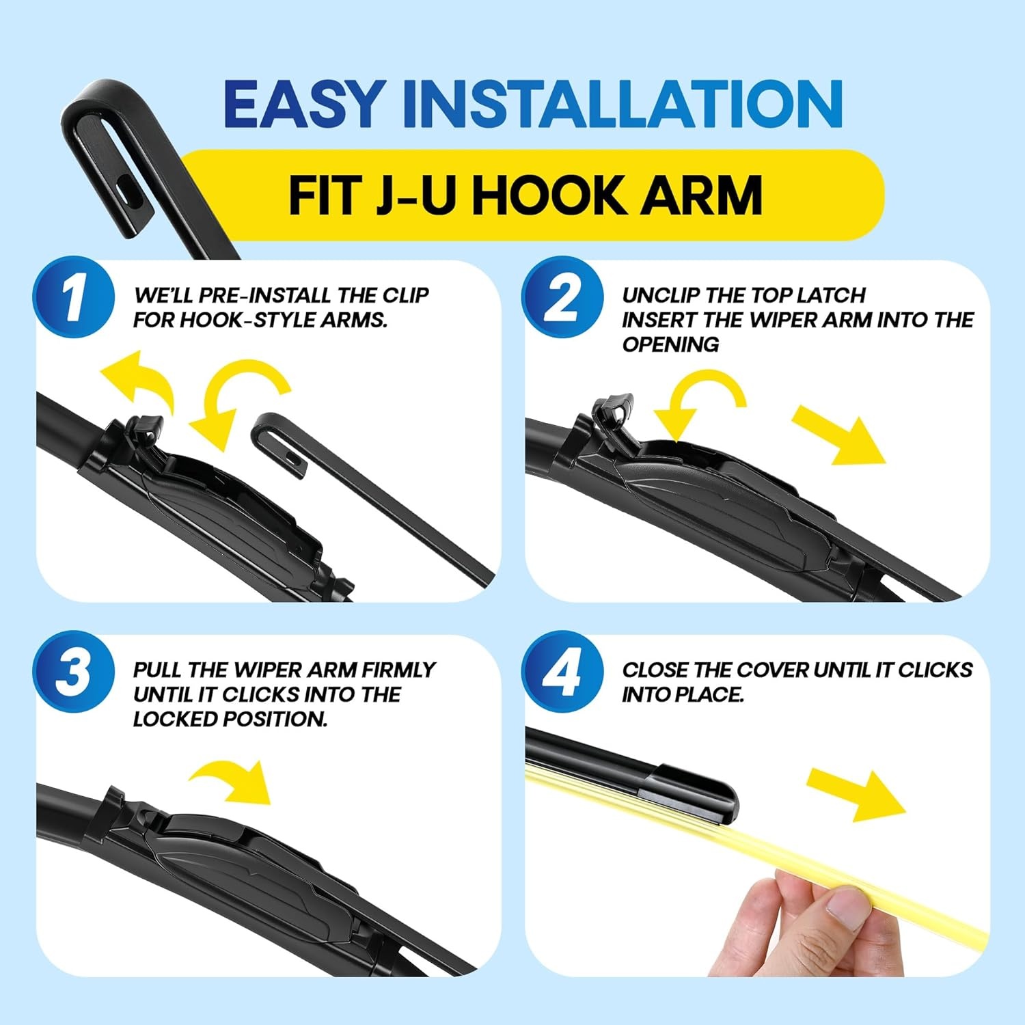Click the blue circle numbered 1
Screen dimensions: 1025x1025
click(x=74, y=297)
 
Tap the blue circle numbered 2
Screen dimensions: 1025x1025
click(x=562, y=297)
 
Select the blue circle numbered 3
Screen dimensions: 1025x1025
click(x=74, y=672)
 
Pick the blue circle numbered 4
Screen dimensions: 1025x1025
click(x=562, y=672)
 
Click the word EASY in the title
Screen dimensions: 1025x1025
click(x=305, y=104)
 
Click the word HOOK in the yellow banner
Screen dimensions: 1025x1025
click(x=547, y=195)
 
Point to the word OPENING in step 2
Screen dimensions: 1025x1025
click(x=670, y=344)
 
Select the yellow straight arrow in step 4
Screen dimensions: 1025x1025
click(x=856, y=795)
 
